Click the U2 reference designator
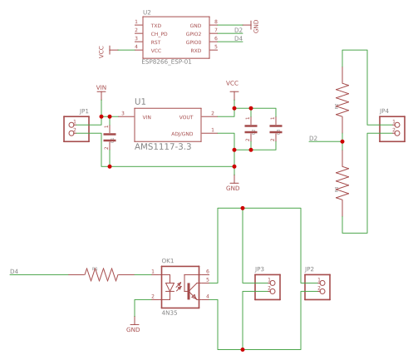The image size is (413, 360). tap(147, 13)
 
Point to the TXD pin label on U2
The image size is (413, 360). tap(155, 26)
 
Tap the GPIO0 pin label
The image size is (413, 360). tap(194, 42)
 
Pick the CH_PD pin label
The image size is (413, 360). tap(159, 34)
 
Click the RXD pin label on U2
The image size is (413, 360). tap(195, 50)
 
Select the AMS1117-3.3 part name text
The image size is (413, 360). tap(163, 146)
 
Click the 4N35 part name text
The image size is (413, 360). tap(170, 313)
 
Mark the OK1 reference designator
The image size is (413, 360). tap(168, 260)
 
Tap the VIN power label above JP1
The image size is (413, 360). tap(101, 87)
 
